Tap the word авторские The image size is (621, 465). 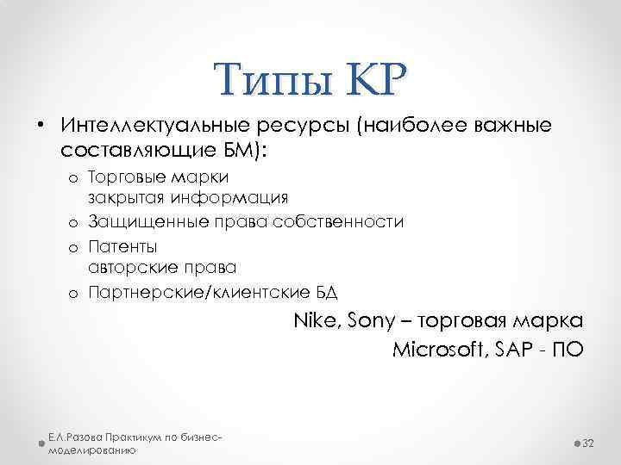(x=129, y=267)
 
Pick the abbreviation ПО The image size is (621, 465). (x=568, y=350)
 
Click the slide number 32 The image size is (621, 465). (x=590, y=442)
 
